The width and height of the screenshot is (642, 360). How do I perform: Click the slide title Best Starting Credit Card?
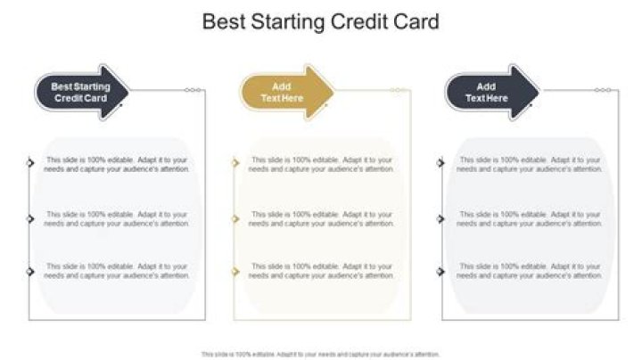click(x=321, y=21)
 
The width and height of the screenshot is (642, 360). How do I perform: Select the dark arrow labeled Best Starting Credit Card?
click(x=81, y=92)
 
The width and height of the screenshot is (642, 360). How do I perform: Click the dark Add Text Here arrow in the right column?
click(x=491, y=92)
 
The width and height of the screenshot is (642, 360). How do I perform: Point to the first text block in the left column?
click(x=117, y=164)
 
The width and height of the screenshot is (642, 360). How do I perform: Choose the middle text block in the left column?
click(x=117, y=219)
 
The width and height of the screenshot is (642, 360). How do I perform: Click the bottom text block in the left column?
click(x=117, y=271)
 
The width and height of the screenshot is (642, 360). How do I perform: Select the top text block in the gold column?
click(x=321, y=164)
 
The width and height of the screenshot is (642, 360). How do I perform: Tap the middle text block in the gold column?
click(x=321, y=219)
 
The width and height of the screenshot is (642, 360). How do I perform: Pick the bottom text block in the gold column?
click(x=321, y=271)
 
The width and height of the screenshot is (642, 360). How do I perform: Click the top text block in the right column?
click(x=531, y=164)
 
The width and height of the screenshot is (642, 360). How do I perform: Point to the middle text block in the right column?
click(x=531, y=219)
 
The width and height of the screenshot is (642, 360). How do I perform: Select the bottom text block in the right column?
click(x=531, y=271)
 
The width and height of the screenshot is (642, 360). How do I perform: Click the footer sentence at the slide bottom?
click(x=321, y=354)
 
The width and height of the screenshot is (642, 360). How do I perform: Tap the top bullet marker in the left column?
click(x=31, y=162)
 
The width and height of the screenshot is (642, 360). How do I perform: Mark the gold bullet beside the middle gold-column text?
click(x=236, y=218)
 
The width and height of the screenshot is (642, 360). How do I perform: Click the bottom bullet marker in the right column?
click(x=441, y=270)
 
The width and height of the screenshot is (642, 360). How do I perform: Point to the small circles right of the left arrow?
click(x=193, y=90)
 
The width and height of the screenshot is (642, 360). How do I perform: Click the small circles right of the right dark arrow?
click(x=604, y=90)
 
